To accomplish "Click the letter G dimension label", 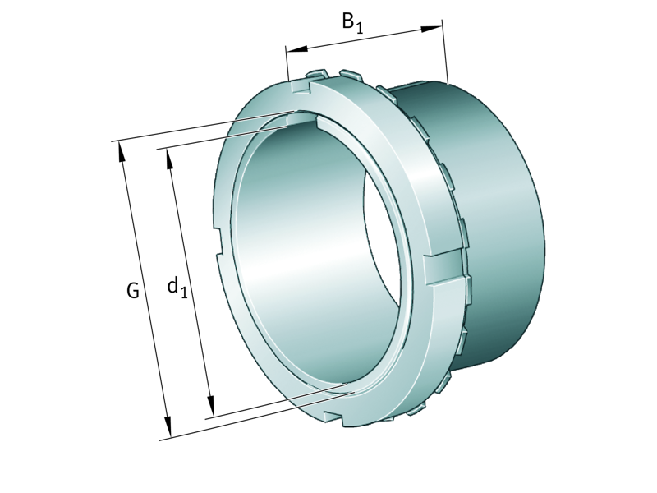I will (132, 290).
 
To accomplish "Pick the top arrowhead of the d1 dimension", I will (170, 158).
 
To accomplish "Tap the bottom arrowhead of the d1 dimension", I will (210, 408).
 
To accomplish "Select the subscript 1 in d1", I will (185, 292).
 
